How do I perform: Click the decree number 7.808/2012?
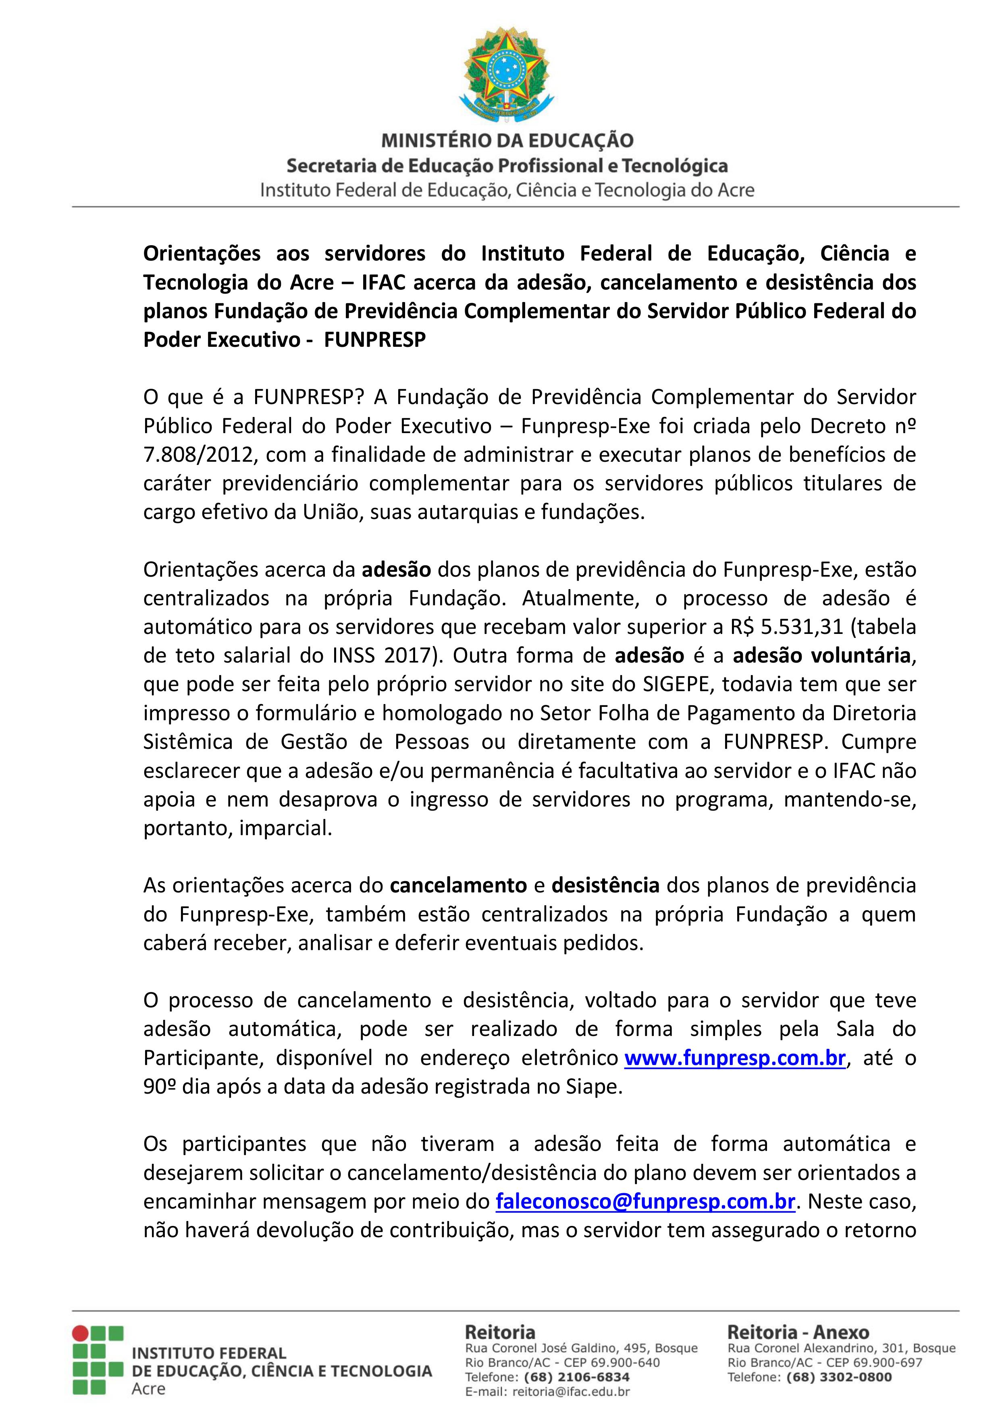195,455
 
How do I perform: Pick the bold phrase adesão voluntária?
821,655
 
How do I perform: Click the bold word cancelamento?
458,886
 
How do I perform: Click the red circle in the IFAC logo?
80,1334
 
